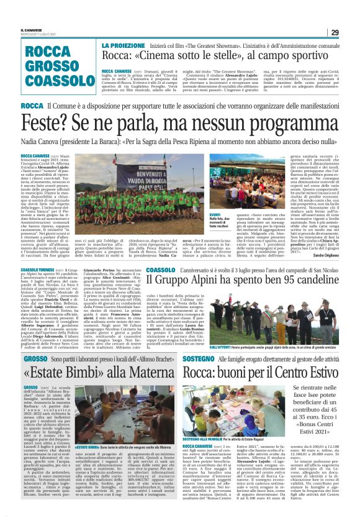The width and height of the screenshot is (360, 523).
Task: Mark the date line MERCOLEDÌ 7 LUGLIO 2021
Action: click(36, 34)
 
